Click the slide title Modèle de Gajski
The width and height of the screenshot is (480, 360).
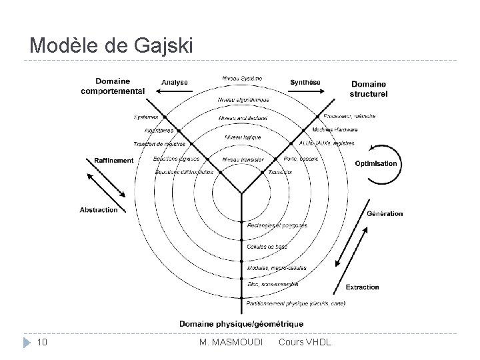(111, 45)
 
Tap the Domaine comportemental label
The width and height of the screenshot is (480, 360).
(112, 85)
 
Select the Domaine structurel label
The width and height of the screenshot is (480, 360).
(369, 89)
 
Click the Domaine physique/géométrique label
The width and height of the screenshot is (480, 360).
(241, 323)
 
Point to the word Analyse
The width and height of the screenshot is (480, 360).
(175, 82)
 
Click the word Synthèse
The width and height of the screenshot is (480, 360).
(305, 82)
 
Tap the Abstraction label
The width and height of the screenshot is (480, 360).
(99, 209)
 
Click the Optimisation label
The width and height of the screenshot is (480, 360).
(376, 163)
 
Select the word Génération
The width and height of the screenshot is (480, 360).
(385, 213)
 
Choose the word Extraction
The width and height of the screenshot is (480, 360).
(362, 287)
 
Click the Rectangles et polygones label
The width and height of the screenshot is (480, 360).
(276, 225)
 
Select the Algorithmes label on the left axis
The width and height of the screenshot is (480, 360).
(158, 131)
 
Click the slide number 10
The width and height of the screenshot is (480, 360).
(42, 343)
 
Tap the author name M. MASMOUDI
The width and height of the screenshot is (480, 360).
(231, 343)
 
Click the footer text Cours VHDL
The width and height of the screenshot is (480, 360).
(304, 343)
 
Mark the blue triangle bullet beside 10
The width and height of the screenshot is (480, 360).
(26, 343)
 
